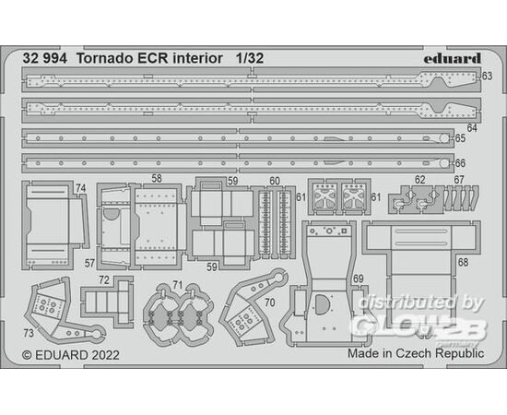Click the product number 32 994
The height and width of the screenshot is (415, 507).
pyautogui.click(x=45, y=58)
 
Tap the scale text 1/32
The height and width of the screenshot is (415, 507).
pyautogui.click(x=249, y=58)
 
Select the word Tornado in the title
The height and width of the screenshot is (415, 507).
pyautogui.click(x=100, y=58)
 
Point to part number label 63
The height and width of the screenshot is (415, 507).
pyautogui.click(x=487, y=76)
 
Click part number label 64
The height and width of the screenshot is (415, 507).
pyautogui.click(x=472, y=128)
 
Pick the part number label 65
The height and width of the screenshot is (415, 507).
pyautogui.click(x=460, y=138)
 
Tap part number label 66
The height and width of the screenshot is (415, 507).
pyautogui.click(x=460, y=163)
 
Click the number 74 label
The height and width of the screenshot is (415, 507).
pyautogui.click(x=81, y=188)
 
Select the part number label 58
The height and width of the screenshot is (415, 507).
pyautogui.click(x=157, y=179)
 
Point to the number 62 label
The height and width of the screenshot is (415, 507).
pyautogui.click(x=420, y=180)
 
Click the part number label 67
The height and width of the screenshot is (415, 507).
pyautogui.click(x=459, y=180)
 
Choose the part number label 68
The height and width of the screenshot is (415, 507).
pyautogui.click(x=463, y=262)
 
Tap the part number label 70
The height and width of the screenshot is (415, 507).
pyautogui.click(x=270, y=302)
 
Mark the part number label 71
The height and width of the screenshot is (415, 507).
pyautogui.click(x=178, y=285)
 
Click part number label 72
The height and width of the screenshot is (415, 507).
pyautogui.click(x=104, y=280)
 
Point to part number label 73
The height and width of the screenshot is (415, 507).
pyautogui.click(x=29, y=333)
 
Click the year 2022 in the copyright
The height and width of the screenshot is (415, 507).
pyautogui.click(x=105, y=355)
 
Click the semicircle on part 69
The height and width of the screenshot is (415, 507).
pyautogui.click(x=321, y=304)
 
